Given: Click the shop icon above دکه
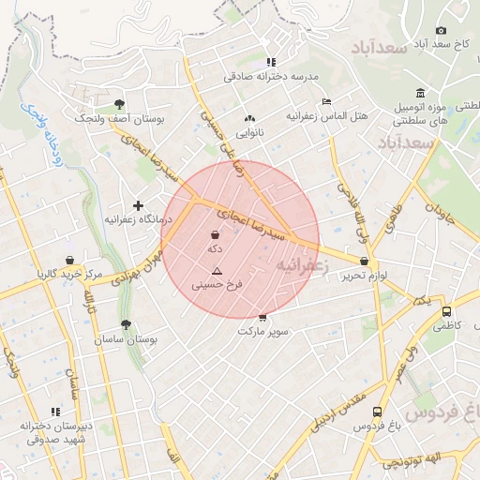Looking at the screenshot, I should tap(216, 234).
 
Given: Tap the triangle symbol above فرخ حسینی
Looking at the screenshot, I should tap(217, 270).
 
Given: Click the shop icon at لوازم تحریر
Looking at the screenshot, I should tap(364, 261).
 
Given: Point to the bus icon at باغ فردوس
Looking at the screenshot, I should tap(377, 412).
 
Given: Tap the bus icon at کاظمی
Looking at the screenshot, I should tap(445, 311).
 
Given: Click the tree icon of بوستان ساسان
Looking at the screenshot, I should tap(126, 323).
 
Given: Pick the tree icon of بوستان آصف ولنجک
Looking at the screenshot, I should tap(119, 104).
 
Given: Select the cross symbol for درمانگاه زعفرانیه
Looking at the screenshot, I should tap(139, 205).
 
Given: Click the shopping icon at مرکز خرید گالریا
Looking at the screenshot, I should tap(69, 260).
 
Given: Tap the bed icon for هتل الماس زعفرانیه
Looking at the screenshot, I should tap(325, 101).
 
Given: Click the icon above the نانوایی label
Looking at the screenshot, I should tap(248, 119).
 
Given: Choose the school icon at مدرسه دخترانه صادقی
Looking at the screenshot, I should tap(272, 61).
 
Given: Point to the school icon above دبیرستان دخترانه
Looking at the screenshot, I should tap(55, 411).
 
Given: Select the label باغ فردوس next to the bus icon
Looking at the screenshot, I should tap(376, 427).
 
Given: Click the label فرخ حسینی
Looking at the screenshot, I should tap(217, 283).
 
